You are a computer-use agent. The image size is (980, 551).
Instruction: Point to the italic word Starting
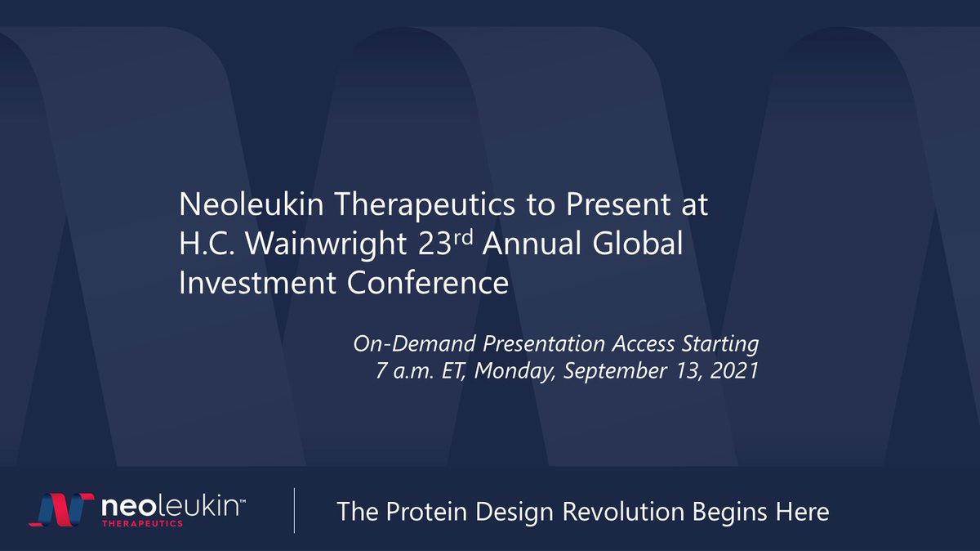(x=719, y=344)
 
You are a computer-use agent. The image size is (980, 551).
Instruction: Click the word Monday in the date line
(x=511, y=371)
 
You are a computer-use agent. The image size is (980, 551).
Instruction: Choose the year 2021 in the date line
(x=736, y=371)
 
